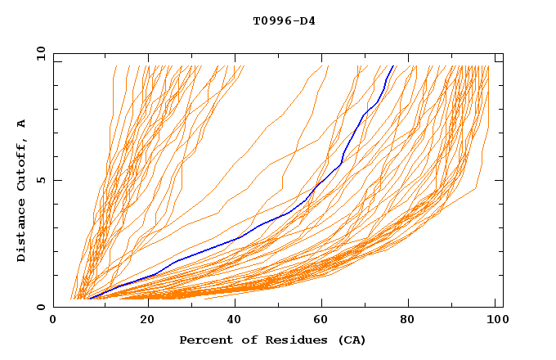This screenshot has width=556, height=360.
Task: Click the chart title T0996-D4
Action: (284, 20)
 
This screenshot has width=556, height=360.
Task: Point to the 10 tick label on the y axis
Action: (39, 53)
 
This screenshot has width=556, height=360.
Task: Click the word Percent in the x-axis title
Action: (204, 340)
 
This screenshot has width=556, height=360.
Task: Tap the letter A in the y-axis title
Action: (21, 124)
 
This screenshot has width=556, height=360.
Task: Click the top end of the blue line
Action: (393, 66)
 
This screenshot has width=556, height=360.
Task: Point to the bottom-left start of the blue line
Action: (90, 299)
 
